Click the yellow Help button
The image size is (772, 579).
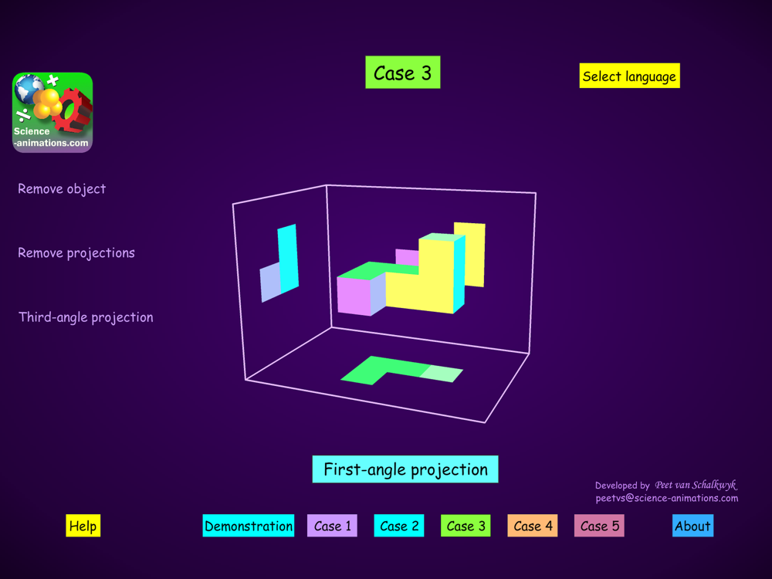click(83, 525)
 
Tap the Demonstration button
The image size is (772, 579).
click(248, 525)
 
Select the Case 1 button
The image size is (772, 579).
click(332, 525)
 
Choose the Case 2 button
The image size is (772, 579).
click(399, 525)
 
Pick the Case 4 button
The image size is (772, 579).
click(533, 525)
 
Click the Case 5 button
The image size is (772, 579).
click(599, 525)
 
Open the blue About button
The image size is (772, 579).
click(692, 525)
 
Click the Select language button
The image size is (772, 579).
click(630, 76)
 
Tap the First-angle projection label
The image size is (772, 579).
click(405, 469)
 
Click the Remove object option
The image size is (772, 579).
click(62, 188)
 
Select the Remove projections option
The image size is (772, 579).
click(76, 252)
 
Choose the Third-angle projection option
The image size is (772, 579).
click(86, 317)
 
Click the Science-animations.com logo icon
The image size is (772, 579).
click(52, 112)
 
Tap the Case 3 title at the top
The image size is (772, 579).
click(403, 73)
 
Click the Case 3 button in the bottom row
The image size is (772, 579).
click(466, 525)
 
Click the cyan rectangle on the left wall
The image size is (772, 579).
click(288, 259)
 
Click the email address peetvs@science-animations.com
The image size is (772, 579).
click(667, 498)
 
